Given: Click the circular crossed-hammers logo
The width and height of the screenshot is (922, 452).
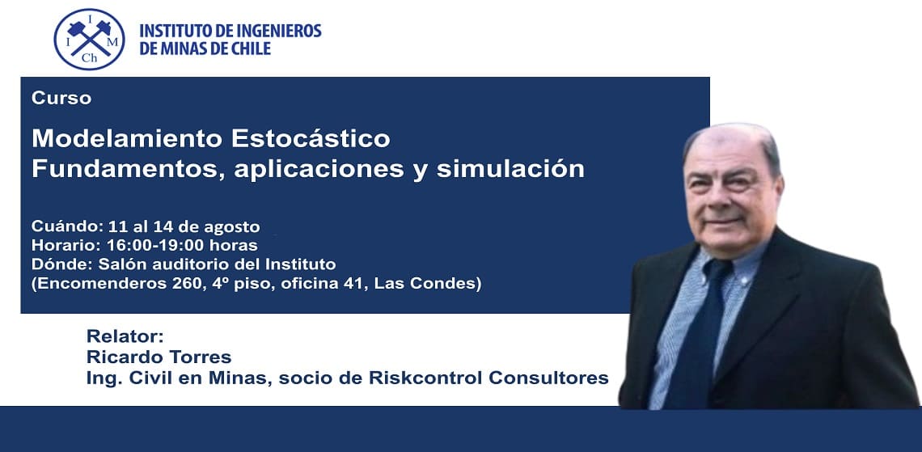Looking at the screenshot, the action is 90,40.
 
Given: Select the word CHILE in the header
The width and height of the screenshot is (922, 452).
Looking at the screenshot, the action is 250,49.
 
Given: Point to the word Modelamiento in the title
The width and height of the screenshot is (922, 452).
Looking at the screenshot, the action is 127,139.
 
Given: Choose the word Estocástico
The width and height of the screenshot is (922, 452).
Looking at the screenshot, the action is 311,139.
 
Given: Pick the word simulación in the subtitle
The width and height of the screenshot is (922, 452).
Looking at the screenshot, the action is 510,169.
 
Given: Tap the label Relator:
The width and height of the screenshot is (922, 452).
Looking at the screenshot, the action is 124,336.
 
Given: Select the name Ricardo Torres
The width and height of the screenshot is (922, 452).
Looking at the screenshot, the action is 159,357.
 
